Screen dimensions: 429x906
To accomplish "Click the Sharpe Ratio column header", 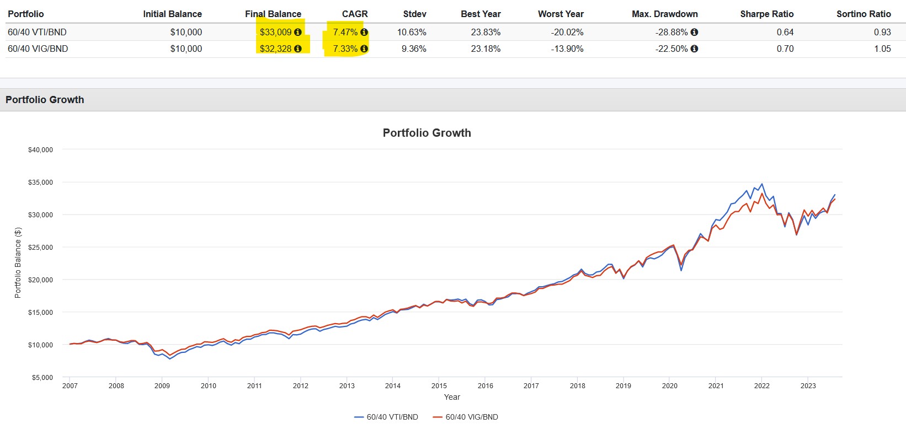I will point(766,14).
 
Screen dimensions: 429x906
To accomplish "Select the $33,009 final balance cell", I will point(275,32).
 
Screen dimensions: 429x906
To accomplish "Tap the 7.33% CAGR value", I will point(345,49).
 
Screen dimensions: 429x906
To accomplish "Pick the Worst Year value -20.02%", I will point(567,32).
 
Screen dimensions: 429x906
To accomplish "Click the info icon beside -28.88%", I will point(694,32).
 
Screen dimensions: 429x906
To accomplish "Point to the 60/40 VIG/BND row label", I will point(38,49).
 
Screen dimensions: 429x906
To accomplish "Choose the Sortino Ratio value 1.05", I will point(882,49).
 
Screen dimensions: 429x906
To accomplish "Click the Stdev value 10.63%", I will point(411,32).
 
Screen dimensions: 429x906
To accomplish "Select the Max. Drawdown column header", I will point(664,14).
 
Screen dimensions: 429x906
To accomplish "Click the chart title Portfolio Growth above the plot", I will point(427,133).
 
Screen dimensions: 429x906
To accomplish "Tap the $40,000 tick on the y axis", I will point(40,149).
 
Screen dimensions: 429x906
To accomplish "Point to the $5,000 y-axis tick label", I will point(42,378).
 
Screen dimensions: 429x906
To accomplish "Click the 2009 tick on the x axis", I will point(162,386).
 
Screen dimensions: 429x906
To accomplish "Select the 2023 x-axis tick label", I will point(808,386).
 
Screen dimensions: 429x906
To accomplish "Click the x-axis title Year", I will point(452,397).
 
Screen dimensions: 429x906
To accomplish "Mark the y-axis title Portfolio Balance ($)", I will point(18,263).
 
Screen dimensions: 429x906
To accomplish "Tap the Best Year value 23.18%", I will point(486,49).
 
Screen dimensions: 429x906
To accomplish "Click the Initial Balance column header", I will point(172,14).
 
